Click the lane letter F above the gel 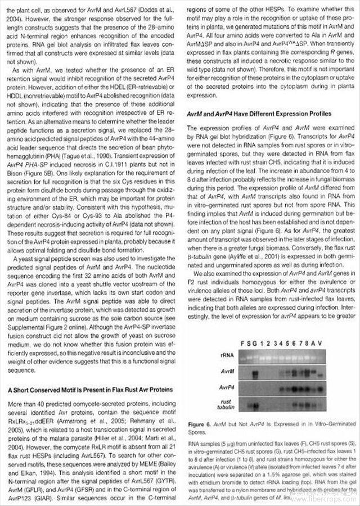(241, 343)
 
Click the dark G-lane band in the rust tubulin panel (256, 406)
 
